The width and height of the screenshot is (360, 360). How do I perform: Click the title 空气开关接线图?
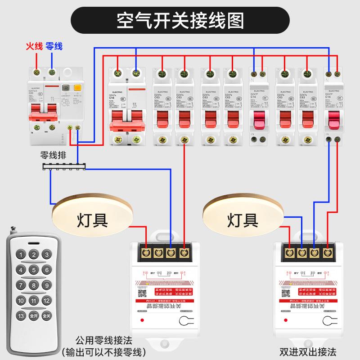click(x=180, y=20)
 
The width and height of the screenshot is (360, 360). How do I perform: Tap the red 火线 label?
click(x=34, y=46)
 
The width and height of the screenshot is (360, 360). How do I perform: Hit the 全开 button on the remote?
click(x=33, y=315)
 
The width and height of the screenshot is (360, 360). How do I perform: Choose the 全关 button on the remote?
click(x=46, y=315)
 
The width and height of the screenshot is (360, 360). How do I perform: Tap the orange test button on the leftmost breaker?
click(x=77, y=88)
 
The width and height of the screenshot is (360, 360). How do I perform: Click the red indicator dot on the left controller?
click(x=143, y=320)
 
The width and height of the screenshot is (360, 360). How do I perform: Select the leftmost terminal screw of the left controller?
click(x=146, y=253)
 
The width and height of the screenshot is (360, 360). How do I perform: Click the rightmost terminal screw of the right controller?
click(x=328, y=253)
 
